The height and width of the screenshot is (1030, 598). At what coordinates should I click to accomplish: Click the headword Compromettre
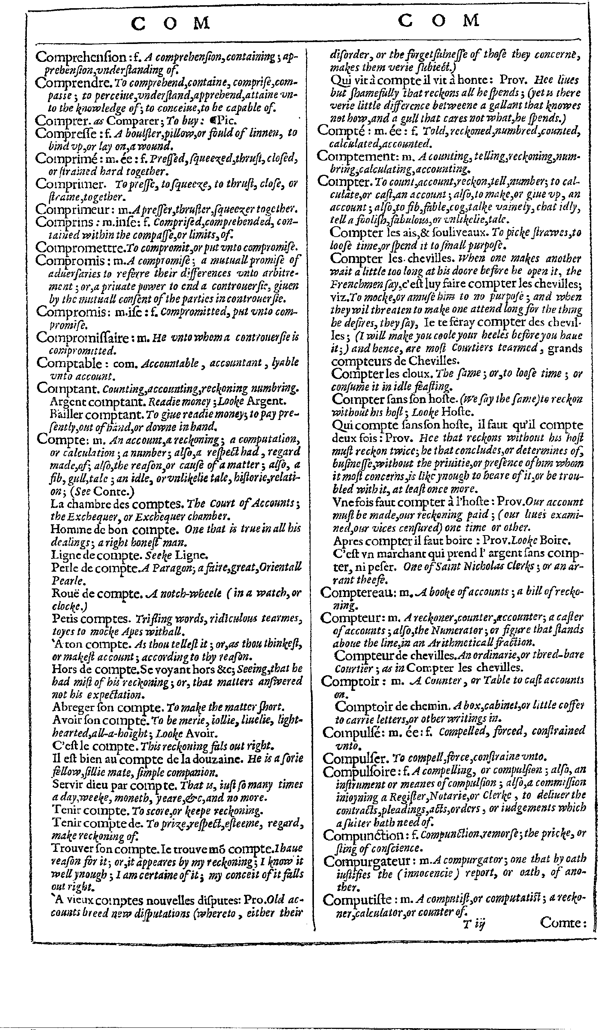pos(80,247)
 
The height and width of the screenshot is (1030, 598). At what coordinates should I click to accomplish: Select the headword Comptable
pos(69,363)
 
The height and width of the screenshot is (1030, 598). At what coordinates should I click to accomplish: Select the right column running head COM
pos(438,20)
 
